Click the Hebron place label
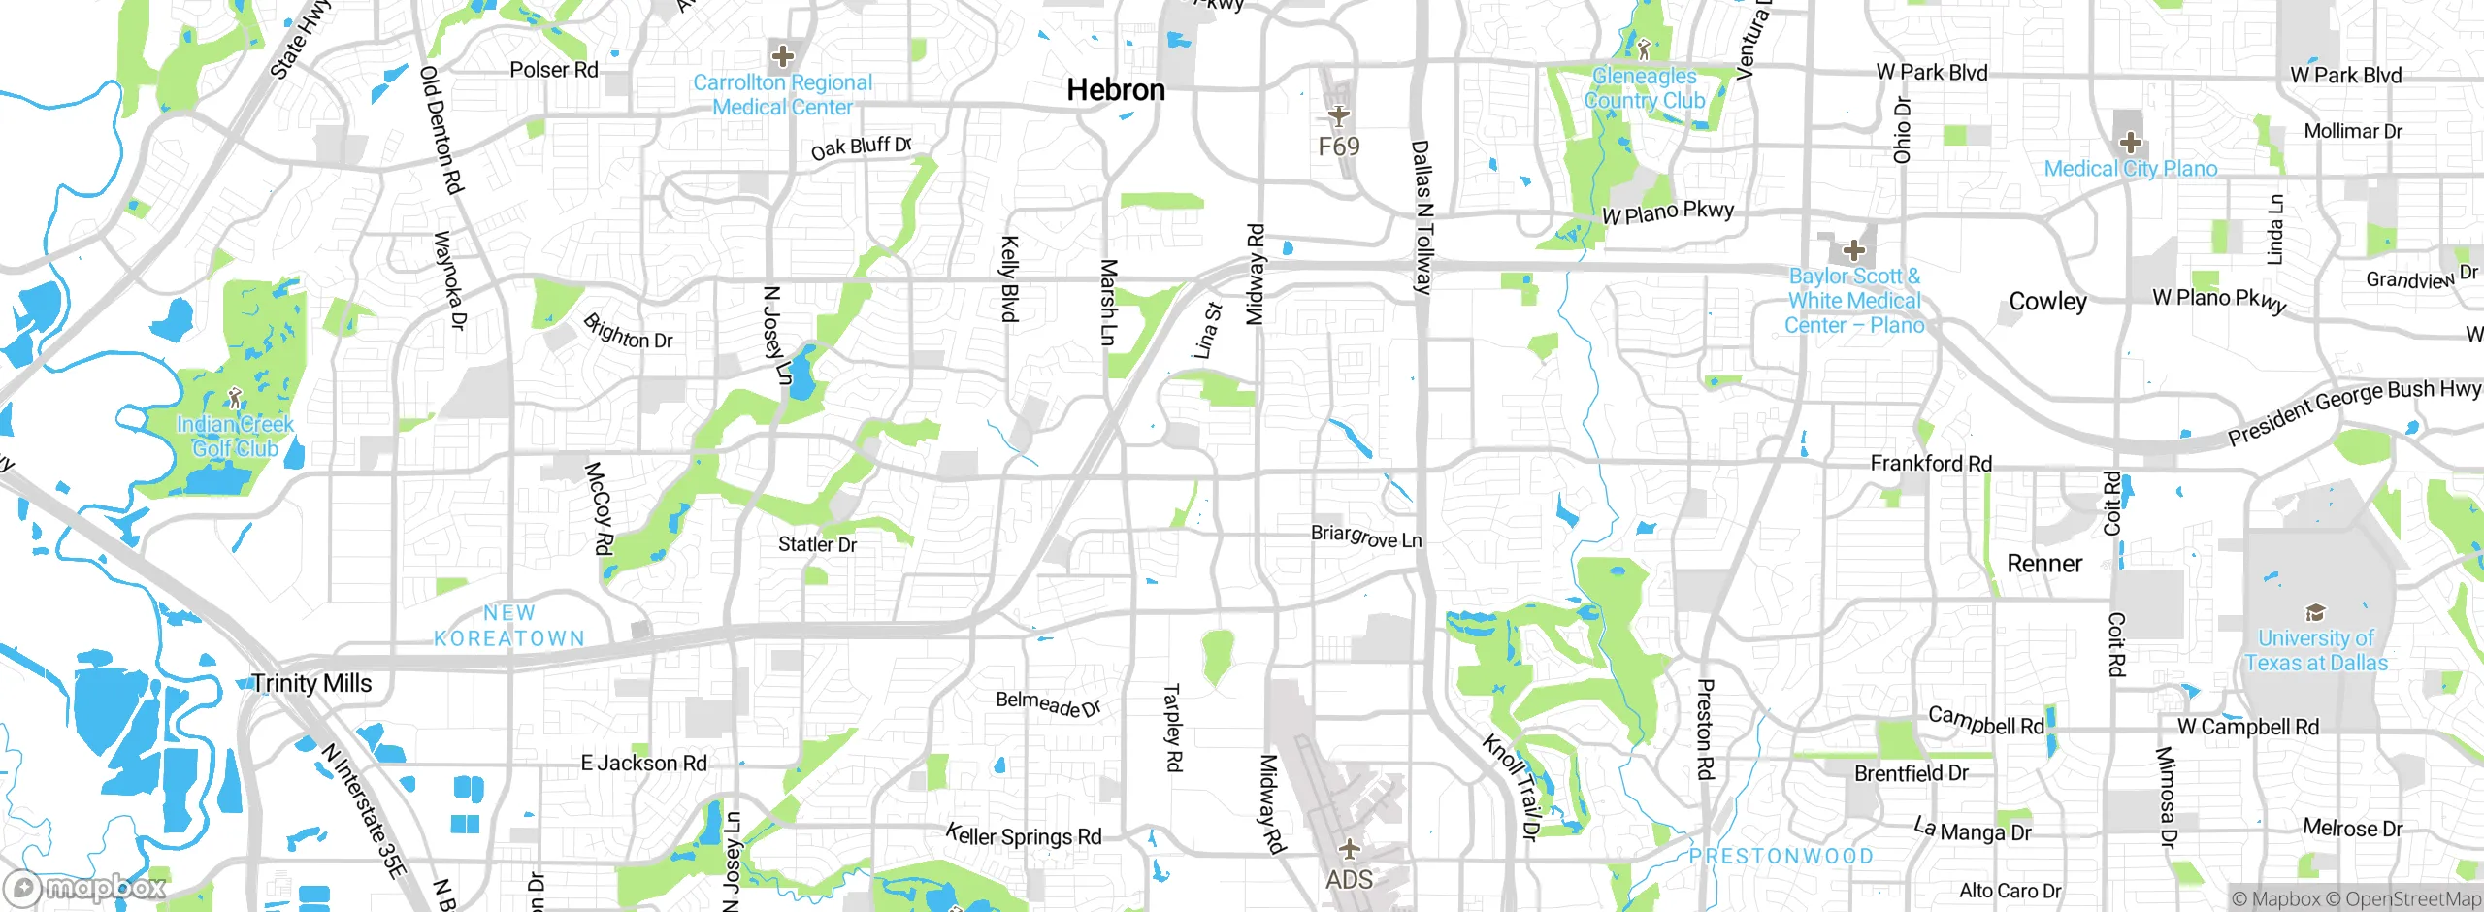pos(1116,90)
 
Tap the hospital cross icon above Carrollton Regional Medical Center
pos(782,55)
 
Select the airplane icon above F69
pos(1339,115)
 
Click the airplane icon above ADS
pos(1349,850)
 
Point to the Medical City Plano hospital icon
pos(2130,144)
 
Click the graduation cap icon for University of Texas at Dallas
pos(2315,612)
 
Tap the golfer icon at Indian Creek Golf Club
pos(234,398)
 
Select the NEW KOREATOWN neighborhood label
pos(509,626)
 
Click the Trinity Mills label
pos(311,683)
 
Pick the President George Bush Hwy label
pos(2353,412)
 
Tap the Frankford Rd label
pos(1931,464)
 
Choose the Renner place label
pos(2044,564)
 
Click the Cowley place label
pos(2047,302)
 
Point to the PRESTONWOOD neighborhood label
pos(1781,856)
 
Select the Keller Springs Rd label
pos(1024,835)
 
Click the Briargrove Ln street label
pos(1366,537)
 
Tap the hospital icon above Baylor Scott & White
pos(1853,250)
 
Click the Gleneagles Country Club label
pos(1645,88)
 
